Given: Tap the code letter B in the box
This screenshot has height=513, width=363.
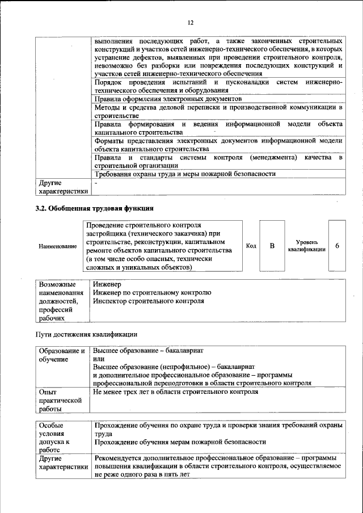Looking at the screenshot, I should pos(272,246).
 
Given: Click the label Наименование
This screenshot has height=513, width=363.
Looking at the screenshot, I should pos(57,246).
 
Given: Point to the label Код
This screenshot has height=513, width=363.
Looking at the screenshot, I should pos(251,246).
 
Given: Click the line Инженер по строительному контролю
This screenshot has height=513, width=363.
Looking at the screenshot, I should pos(152,292).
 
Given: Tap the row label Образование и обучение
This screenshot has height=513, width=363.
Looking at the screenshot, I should pos(62,355).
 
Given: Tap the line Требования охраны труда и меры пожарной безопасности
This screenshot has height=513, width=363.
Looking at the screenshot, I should pos(185,174).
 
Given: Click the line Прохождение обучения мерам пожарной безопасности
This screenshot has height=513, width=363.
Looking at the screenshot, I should pos(180,442).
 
